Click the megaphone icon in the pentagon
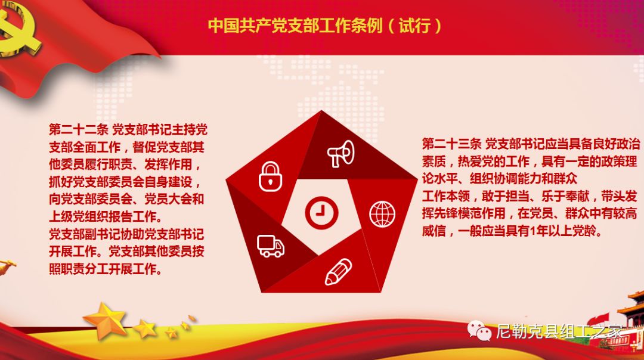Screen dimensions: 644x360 (341, 154)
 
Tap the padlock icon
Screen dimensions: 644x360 (270, 176)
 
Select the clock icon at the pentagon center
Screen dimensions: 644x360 (321, 213)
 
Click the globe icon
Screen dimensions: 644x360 (382, 214)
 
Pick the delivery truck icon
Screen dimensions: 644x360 (271, 246)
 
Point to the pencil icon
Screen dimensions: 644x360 (339, 272)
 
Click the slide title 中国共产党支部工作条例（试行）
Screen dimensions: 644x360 (325, 26)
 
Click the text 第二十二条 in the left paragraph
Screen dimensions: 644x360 (79, 130)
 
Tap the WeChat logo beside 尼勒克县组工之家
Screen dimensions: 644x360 (479, 330)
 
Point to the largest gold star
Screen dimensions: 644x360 (106, 321)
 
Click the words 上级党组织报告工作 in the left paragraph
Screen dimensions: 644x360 (103, 216)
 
